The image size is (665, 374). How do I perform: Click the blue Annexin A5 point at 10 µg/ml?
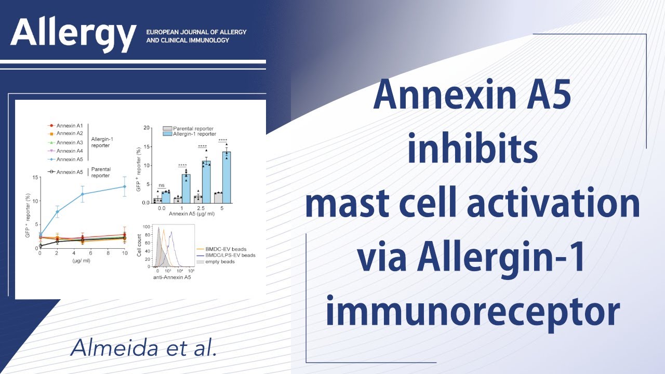point(124,186)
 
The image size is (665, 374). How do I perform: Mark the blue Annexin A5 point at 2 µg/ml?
point(57,211)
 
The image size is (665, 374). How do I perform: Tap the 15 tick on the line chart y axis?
point(35,178)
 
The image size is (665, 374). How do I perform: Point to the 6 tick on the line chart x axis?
point(90,253)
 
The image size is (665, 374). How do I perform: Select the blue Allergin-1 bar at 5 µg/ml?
point(227,177)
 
